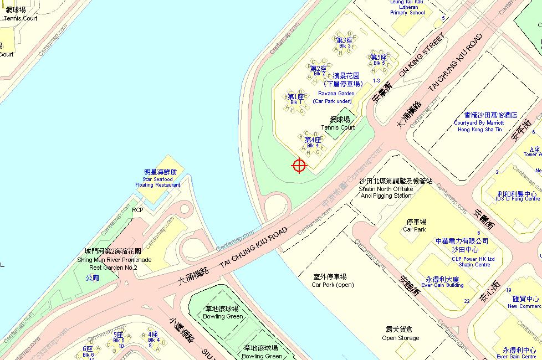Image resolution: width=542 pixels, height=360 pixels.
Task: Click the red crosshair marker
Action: [x=299, y=165]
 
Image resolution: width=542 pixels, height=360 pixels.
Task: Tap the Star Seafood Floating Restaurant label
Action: [x=158, y=178]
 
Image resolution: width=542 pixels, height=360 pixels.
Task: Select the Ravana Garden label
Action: [x=336, y=94]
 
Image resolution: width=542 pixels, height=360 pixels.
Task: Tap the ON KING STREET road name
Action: [x=422, y=55]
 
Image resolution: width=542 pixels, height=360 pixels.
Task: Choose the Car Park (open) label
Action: [x=333, y=281]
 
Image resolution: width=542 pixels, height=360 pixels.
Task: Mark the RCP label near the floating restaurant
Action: [x=137, y=210]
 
